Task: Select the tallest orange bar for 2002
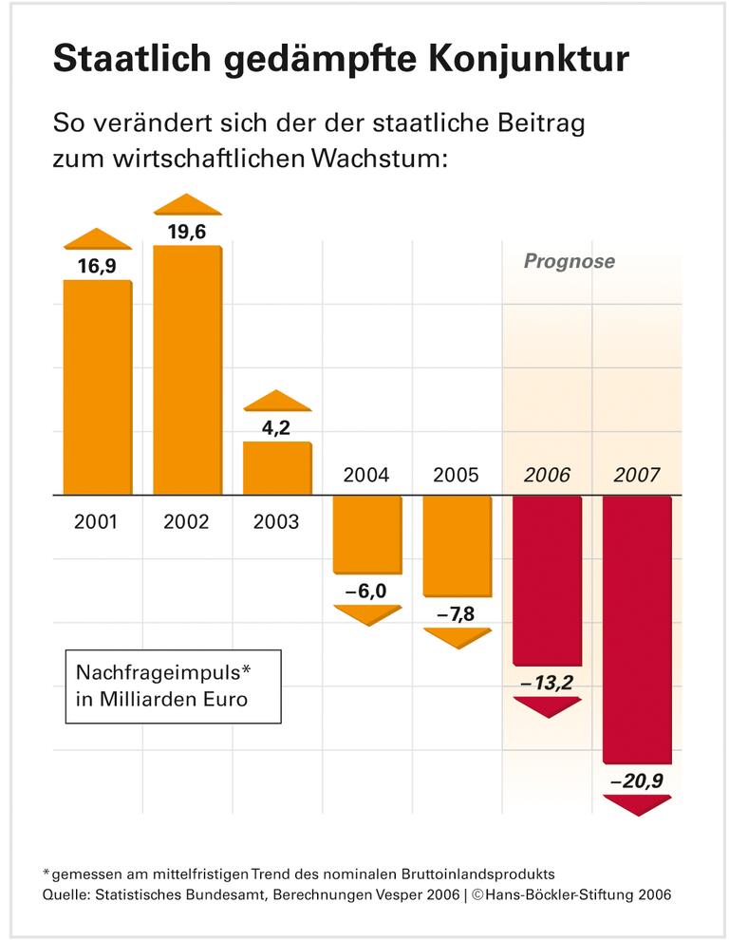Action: point(187,370)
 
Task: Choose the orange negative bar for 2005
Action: point(457,546)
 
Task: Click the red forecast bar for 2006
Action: point(547,580)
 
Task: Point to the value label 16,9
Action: point(97,267)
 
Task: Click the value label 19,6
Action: point(187,232)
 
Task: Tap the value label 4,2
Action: point(276,427)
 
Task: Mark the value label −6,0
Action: point(366,591)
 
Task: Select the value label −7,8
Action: point(457,614)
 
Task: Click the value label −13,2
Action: point(547,683)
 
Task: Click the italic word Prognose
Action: point(570,261)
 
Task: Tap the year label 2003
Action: point(276,521)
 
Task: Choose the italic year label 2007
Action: point(637,475)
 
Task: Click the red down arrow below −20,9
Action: point(637,804)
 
